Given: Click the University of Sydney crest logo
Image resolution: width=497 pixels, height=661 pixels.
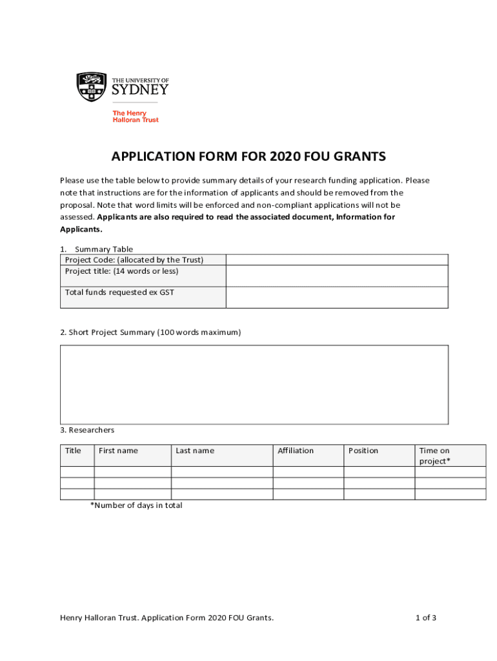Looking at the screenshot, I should coord(91,86).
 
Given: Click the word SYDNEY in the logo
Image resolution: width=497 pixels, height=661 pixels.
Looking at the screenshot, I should coord(140,90).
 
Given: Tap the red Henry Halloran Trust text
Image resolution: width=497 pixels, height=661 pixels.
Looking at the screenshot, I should coord(136,117).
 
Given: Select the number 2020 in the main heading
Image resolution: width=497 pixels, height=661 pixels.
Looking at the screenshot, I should coord(282,156).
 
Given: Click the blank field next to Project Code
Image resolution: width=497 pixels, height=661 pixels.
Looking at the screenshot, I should coord(336,259).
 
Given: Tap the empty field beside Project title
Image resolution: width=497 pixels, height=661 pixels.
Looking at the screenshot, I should coord(336,276).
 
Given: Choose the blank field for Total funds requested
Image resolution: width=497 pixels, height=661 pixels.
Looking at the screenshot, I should coord(336,297).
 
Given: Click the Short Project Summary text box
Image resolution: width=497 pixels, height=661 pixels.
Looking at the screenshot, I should coord(254,384).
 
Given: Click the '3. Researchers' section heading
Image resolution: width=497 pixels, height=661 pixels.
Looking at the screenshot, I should coord(87,430).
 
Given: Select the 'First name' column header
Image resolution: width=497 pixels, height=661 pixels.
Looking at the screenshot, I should coord(118,451).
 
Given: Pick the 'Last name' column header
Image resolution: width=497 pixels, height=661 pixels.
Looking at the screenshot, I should coord(195,451).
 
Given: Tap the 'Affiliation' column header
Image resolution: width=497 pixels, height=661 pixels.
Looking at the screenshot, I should coord(296,451).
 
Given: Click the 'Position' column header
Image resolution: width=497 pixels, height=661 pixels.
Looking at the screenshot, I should coord(363,451).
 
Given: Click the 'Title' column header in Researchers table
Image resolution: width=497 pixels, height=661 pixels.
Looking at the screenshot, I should coord(74,451).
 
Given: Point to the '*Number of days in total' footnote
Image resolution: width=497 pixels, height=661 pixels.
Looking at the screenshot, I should coord(136,505).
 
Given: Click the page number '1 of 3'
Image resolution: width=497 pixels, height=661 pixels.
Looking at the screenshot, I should coord(426,618).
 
